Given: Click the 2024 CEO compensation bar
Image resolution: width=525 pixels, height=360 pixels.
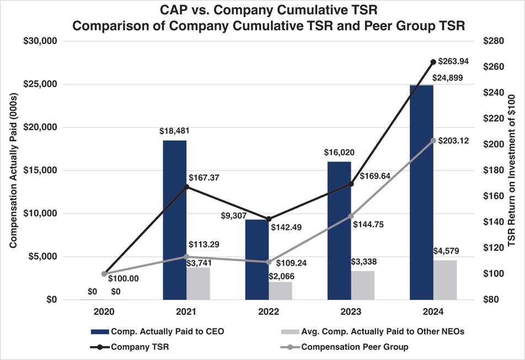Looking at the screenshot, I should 421,192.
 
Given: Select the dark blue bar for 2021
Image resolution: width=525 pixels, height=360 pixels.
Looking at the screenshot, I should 174,220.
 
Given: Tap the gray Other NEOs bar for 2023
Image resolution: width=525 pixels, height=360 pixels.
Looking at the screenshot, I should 362,285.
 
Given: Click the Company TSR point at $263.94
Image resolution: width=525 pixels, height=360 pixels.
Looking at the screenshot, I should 433,62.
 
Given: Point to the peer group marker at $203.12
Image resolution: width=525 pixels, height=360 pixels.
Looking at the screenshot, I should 433,141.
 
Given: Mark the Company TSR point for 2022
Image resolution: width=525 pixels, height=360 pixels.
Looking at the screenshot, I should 269,219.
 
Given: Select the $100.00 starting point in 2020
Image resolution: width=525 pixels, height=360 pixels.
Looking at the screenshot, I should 104,274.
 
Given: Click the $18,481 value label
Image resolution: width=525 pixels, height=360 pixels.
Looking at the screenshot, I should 174,131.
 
